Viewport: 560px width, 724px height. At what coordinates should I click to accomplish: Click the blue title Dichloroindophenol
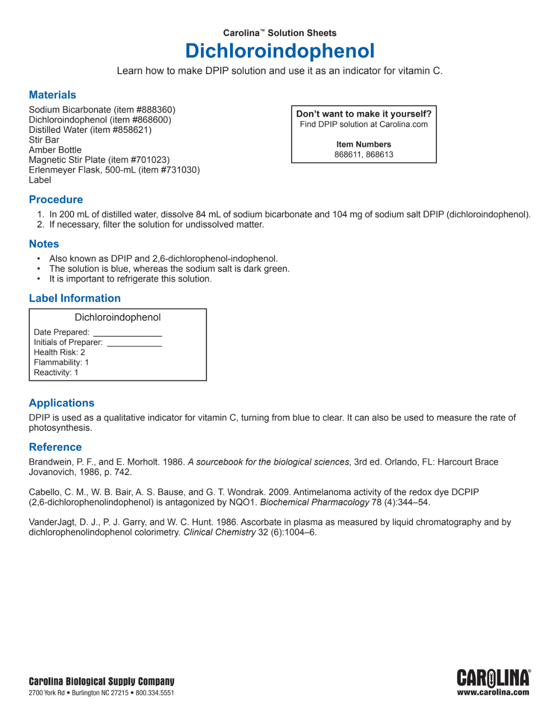[x=280, y=51]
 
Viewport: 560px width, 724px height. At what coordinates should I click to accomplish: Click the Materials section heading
[x=52, y=95]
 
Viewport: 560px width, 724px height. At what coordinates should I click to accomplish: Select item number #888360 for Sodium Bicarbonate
[x=154, y=110]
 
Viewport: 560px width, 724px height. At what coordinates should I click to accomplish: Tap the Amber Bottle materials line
[x=55, y=150]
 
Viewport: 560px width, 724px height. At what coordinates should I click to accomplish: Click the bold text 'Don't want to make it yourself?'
[x=364, y=114]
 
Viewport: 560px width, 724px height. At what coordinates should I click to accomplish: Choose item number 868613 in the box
[x=380, y=155]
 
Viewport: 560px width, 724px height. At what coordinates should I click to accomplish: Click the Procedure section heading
[x=56, y=200]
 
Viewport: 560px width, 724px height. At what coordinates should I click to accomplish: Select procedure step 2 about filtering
[x=156, y=225]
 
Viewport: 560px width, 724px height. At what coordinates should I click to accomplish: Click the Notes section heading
[x=44, y=244]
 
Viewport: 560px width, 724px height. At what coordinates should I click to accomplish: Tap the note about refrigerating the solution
[x=130, y=279]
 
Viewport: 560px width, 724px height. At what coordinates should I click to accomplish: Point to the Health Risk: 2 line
[x=59, y=352]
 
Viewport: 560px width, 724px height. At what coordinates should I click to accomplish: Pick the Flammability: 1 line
[x=61, y=363]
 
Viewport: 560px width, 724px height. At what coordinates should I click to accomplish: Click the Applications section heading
[x=62, y=403]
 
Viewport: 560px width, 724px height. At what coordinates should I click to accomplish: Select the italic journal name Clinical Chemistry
[x=219, y=532]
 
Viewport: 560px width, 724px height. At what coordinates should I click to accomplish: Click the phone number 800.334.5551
[x=154, y=693]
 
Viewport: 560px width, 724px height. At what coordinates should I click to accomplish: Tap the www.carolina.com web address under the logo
[x=493, y=692]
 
